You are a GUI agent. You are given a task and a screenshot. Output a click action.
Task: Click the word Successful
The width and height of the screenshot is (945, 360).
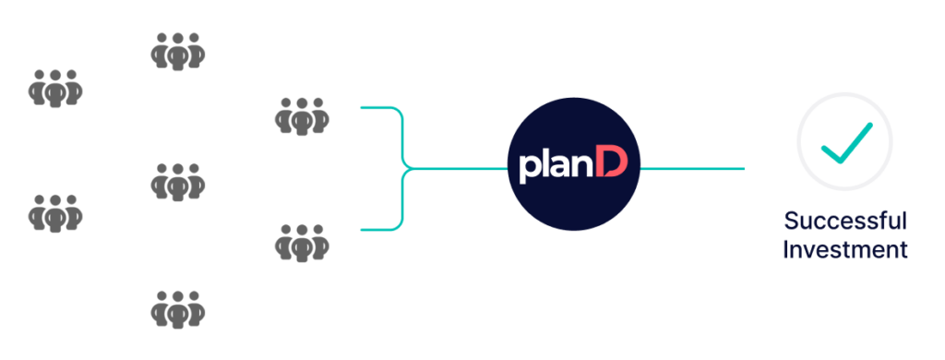pos(845,222)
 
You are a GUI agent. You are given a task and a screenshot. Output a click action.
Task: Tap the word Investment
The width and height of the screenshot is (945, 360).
pos(845,249)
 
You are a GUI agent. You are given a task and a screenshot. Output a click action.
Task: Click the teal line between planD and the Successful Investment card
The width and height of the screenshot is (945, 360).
pos(692,169)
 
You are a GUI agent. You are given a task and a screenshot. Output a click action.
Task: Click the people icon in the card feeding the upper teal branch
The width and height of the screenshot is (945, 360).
pos(301,117)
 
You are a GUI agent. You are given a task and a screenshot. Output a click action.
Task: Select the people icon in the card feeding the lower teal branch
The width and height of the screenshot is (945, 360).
pos(301,243)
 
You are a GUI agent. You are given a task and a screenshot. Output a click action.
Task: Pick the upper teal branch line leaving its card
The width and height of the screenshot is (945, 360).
pos(378,108)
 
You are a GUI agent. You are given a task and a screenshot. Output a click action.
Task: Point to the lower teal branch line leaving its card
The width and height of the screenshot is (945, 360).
pos(378,230)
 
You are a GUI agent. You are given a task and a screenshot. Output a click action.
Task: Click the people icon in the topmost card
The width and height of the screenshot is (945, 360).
pos(177,53)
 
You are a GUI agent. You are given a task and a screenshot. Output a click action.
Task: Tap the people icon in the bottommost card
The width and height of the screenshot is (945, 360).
pos(177,306)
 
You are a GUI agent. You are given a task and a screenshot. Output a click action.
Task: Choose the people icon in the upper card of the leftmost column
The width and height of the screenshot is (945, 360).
pos(55,88)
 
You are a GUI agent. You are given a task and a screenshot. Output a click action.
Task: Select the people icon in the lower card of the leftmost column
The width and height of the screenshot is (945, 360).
pos(55,213)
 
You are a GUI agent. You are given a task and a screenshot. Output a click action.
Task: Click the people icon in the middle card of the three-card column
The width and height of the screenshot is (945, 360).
pos(177,181)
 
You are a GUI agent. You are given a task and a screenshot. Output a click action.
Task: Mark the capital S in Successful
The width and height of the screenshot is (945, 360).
pos(791,222)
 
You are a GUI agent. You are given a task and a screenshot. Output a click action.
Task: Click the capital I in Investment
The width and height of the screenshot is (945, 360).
pos(786,249)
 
